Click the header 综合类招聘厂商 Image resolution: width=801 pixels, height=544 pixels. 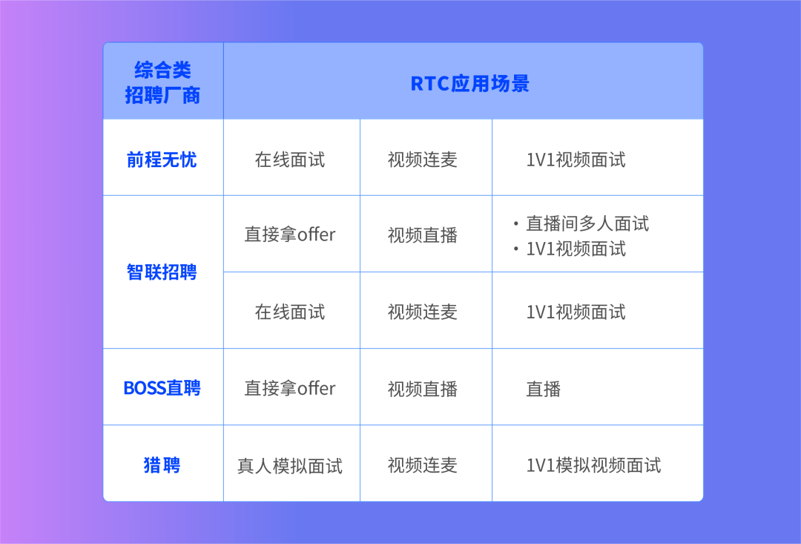pyautogui.click(x=162, y=82)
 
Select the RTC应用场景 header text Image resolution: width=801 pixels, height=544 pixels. pyautogui.click(x=470, y=84)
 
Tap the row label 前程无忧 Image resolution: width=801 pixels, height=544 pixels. pyautogui.click(x=162, y=160)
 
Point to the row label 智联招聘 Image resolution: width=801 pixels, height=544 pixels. pyautogui.click(x=162, y=272)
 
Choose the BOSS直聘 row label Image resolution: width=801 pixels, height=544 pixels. pyautogui.click(x=162, y=388)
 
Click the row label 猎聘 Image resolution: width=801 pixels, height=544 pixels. pyautogui.click(x=162, y=465)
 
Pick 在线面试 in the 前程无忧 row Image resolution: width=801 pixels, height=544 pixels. pyautogui.click(x=290, y=160)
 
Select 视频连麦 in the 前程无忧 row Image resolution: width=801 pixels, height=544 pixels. pyautogui.click(x=423, y=160)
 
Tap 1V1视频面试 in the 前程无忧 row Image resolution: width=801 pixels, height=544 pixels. pyautogui.click(x=576, y=160)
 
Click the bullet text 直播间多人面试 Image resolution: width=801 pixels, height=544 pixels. pyautogui.click(x=588, y=223)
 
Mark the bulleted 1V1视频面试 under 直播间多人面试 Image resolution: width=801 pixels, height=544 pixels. pyautogui.click(x=576, y=249)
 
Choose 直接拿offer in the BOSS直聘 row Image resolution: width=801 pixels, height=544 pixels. pyautogui.click(x=290, y=389)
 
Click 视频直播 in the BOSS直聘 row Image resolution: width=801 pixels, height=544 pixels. pyautogui.click(x=423, y=389)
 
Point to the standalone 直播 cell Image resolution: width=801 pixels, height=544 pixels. pyautogui.click(x=544, y=389)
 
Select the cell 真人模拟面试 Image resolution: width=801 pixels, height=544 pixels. pyautogui.click(x=290, y=466)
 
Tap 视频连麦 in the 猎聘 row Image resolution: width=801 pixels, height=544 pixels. pyautogui.click(x=423, y=465)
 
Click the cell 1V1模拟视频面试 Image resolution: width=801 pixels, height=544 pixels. pyautogui.click(x=593, y=465)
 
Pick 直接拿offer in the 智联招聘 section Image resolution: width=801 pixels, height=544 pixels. pyautogui.click(x=290, y=235)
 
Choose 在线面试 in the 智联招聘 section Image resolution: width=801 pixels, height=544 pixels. pyautogui.click(x=290, y=312)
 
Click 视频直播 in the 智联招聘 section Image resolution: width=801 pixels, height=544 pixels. pyautogui.click(x=423, y=235)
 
